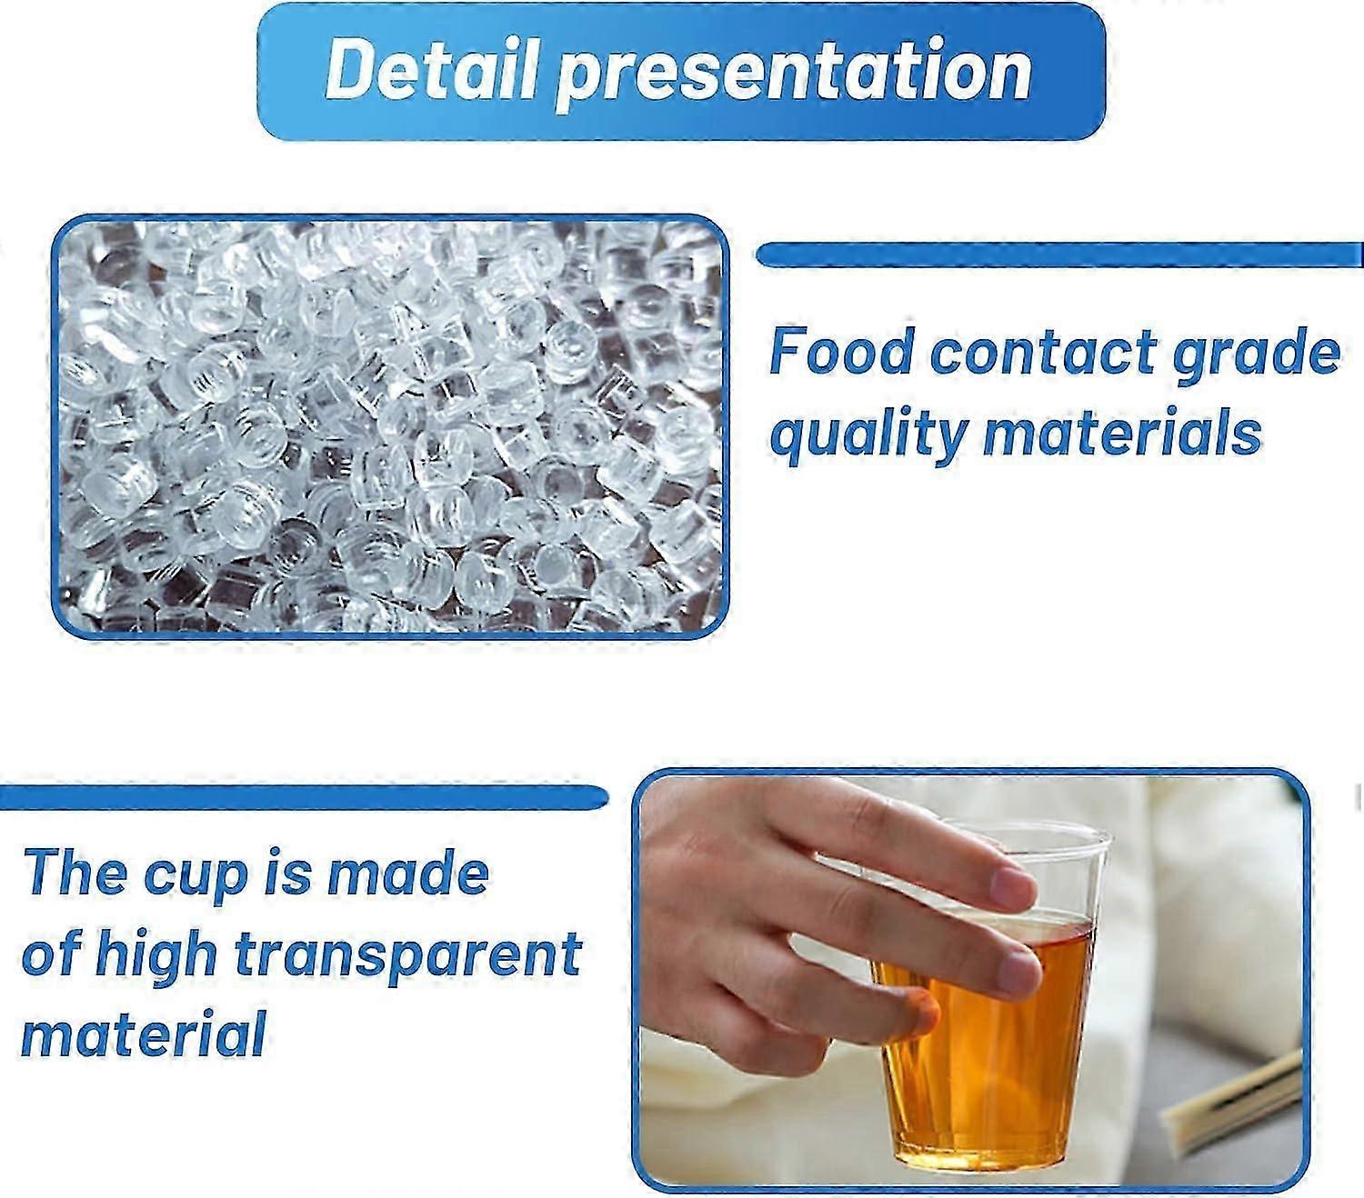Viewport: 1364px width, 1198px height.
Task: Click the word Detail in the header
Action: tap(433, 69)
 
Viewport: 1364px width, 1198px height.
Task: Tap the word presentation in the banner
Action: tap(793, 74)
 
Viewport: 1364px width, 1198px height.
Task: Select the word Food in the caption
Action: tap(842, 352)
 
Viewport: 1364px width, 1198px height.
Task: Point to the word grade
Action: tap(1256, 356)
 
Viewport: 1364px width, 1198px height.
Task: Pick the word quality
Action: tap(868, 434)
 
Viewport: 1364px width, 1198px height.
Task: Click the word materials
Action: tap(1122, 432)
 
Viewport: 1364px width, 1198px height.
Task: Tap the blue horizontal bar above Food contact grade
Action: tap(1059, 255)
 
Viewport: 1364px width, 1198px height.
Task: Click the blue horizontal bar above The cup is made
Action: tap(304, 797)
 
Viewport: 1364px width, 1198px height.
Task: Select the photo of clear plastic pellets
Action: tap(390, 426)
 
